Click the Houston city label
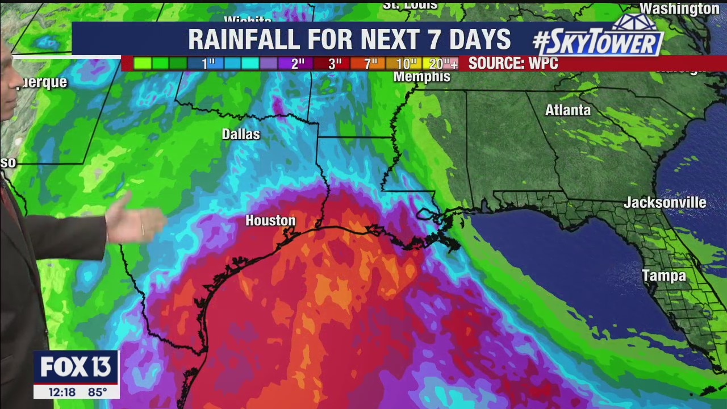270,220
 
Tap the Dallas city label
241,134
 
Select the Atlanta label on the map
567,110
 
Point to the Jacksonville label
665,203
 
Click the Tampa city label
664,276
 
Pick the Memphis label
421,77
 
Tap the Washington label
679,9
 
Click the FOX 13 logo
76,368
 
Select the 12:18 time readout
61,392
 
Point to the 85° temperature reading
97,392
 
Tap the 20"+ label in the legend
443,64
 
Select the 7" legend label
371,64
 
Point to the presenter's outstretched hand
133,223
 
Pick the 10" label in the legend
407,64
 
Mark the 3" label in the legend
335,64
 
